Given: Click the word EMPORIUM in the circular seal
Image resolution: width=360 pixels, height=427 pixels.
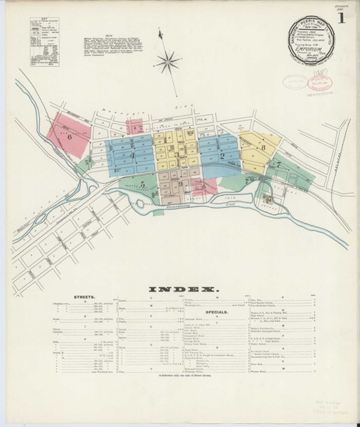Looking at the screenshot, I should (312, 41).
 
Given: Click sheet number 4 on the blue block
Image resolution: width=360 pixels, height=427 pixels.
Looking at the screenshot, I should (132, 154).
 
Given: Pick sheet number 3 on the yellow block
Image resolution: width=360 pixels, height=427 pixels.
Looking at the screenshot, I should (177, 154).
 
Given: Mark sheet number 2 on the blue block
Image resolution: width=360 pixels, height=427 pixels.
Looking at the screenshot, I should (222, 155).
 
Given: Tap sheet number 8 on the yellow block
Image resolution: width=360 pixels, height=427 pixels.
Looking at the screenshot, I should (263, 147).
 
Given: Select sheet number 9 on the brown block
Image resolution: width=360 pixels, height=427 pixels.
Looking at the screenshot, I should (180, 184).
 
